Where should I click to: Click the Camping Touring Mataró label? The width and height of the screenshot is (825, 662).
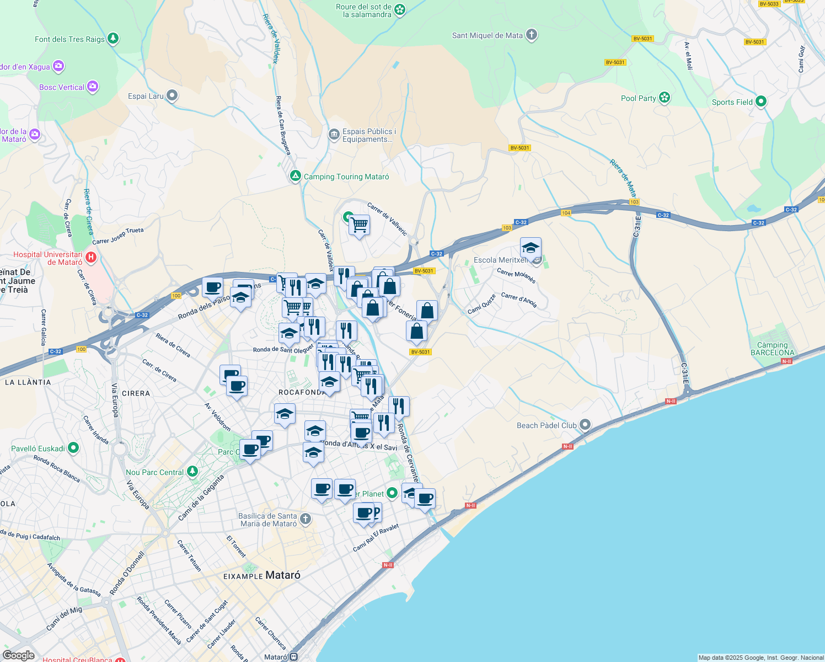[346, 177]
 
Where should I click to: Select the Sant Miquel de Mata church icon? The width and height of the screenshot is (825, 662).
[532, 35]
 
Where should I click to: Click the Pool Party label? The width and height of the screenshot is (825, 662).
[638, 98]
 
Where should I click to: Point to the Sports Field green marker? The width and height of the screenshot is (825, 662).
[761, 102]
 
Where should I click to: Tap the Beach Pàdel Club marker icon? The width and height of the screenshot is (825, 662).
[585, 425]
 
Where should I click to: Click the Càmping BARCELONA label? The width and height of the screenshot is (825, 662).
[773, 349]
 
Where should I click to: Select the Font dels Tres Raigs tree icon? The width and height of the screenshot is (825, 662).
[113, 39]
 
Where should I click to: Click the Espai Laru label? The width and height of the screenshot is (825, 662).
[146, 96]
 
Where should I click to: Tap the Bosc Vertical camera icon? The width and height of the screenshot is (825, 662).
[93, 87]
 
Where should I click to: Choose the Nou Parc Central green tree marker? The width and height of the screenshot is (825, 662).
[192, 472]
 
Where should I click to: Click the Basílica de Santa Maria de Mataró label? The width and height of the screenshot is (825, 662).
[269, 520]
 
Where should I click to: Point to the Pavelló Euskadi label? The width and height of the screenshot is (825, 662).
[38, 449]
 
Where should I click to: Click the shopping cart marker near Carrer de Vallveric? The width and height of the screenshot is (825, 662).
[360, 225]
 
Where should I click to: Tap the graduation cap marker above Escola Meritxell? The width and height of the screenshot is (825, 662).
[531, 248]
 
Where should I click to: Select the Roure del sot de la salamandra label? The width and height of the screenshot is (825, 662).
[364, 10]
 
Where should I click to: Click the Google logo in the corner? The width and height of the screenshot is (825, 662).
[18, 655]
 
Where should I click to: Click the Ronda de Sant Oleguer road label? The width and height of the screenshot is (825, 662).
[283, 349]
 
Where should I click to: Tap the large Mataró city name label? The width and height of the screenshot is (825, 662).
[283, 575]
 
